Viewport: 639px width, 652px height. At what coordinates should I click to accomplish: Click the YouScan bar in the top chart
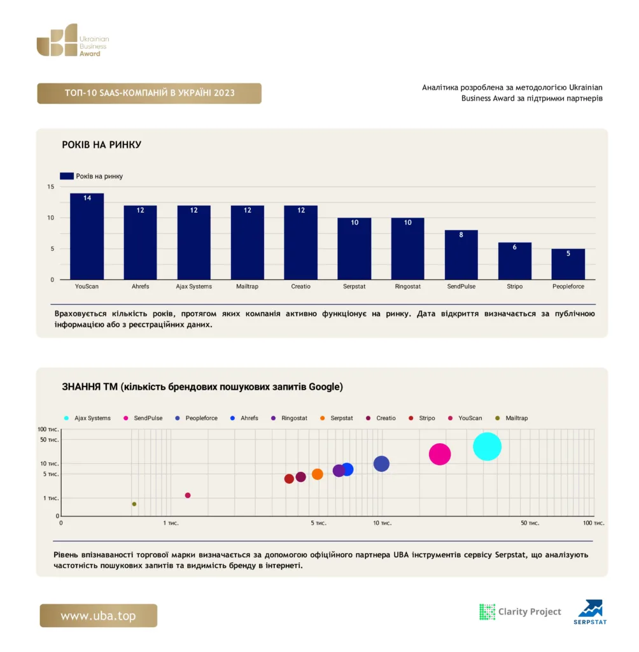tap(87, 236)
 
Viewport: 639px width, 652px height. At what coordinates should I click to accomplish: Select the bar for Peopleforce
tap(568, 264)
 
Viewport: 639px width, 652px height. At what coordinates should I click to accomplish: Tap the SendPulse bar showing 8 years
tap(461, 255)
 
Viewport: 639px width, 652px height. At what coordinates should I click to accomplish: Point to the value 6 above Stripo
tap(515, 247)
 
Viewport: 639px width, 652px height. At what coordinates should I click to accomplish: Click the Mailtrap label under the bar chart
tap(247, 287)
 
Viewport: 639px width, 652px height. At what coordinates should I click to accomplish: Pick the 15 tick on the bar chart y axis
tap(51, 187)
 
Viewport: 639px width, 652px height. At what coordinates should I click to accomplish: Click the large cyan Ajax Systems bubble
tap(487, 446)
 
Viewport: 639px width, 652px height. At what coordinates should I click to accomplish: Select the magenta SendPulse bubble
tap(439, 454)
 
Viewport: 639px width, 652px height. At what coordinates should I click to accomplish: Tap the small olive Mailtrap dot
tap(134, 504)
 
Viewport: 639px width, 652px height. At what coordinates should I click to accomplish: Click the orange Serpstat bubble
tap(317, 474)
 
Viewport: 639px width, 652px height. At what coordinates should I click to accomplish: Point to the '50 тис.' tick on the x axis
tap(530, 523)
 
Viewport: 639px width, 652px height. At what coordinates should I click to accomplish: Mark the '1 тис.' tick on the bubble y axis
tap(51, 498)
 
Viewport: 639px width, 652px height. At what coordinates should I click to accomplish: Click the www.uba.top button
tap(99, 616)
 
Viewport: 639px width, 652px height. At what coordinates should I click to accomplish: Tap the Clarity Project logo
tap(520, 612)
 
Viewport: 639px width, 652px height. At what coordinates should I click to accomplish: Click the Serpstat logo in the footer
tap(590, 612)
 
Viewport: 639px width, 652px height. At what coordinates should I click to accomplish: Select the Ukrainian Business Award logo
tap(73, 40)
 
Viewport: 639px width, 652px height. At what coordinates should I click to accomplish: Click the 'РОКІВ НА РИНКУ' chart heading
tap(101, 145)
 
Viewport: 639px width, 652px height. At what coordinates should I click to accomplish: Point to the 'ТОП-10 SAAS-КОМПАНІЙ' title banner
tap(150, 93)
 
